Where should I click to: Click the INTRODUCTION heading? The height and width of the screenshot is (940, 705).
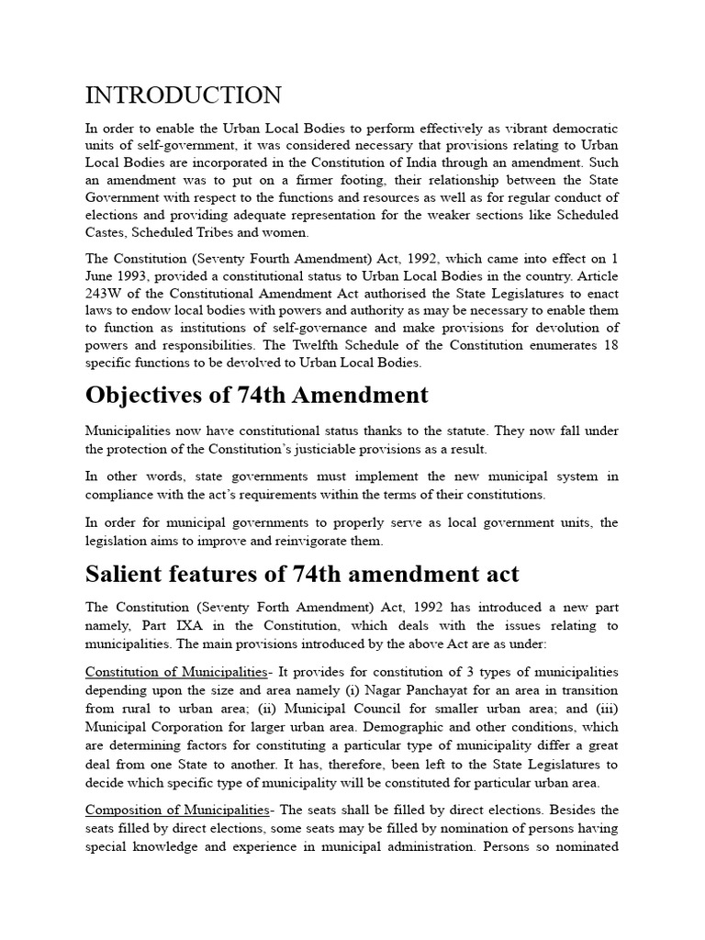pyautogui.click(x=184, y=95)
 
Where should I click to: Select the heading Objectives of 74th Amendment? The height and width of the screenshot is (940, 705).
pyautogui.click(x=256, y=395)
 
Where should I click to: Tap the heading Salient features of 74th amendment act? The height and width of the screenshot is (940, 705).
pyautogui.click(x=302, y=575)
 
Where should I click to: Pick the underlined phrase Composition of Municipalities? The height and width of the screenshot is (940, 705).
pyautogui.click(x=177, y=810)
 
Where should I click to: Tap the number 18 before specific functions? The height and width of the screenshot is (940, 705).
pyautogui.click(x=610, y=345)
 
